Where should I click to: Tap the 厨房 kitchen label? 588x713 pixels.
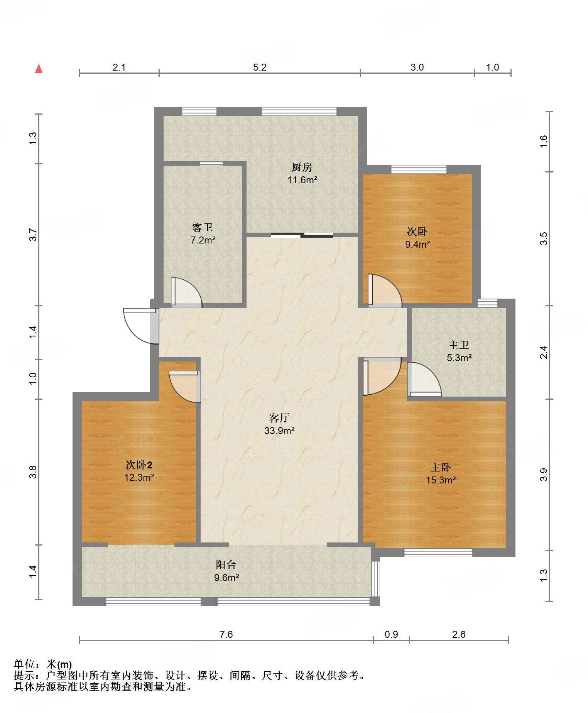pos(302,167)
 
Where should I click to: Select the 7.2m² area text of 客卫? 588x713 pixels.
pos(203,240)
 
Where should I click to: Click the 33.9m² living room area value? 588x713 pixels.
pos(279,431)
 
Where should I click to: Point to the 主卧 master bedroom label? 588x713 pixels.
pos(441,468)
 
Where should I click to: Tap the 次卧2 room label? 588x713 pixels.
pos(139,465)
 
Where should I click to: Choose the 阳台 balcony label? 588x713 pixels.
pos(226,565)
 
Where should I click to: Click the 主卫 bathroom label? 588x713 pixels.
pos(459,345)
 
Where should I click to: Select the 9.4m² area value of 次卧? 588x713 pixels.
pos(417,244)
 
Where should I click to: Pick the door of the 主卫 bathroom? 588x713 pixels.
pos(424,380)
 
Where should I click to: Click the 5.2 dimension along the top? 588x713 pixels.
pos(260,67)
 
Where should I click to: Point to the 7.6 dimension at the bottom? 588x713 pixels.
pos(226,634)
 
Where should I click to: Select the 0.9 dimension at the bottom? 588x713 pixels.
pos(391,634)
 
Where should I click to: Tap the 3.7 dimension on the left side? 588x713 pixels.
pos(33,235)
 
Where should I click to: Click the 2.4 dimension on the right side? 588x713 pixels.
pos(543,352)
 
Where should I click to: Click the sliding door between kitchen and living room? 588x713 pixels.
pos(302,235)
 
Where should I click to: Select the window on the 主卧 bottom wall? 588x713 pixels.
pos(438,552)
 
